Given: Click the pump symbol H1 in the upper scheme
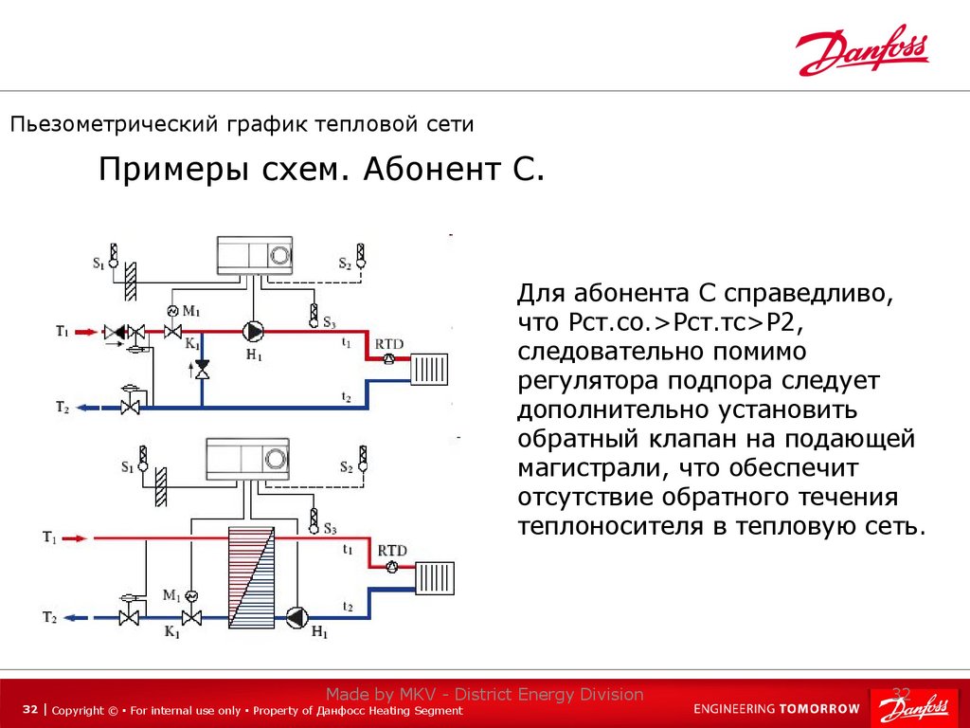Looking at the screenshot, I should pyautogui.click(x=253, y=332).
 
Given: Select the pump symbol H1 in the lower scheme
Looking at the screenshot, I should pyautogui.click(x=296, y=617).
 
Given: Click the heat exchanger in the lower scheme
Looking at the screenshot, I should pyautogui.click(x=250, y=575).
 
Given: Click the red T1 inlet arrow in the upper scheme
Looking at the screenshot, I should pyautogui.click(x=86, y=332).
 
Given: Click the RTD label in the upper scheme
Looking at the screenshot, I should pyautogui.click(x=390, y=342).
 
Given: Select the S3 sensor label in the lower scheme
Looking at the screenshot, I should pyautogui.click(x=330, y=528).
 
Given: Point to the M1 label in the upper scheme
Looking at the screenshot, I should pyautogui.click(x=191, y=311).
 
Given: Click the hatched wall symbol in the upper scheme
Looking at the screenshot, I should pyautogui.click(x=132, y=276).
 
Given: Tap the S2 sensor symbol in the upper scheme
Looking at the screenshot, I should pyautogui.click(x=360, y=254).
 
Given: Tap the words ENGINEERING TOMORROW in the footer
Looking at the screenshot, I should pyautogui.click(x=776, y=708).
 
